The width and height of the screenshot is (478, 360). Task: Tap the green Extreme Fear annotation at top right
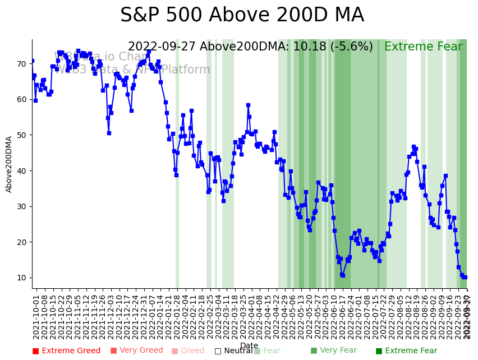click(x=423, y=47)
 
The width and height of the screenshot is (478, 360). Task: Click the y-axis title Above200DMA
click(x=9, y=164)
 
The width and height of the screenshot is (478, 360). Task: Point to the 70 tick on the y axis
click(x=21, y=64)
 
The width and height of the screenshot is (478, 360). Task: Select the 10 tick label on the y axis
click(x=21, y=278)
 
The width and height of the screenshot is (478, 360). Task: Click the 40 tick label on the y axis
click(x=21, y=171)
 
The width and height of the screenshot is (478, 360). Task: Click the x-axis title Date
click(x=249, y=346)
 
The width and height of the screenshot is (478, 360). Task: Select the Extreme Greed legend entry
click(x=66, y=351)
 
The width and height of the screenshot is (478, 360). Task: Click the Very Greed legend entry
click(x=136, y=351)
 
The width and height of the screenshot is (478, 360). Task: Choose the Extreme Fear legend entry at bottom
click(x=406, y=351)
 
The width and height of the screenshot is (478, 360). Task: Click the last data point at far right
click(x=465, y=277)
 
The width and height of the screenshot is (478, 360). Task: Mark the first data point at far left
click(x=32, y=61)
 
